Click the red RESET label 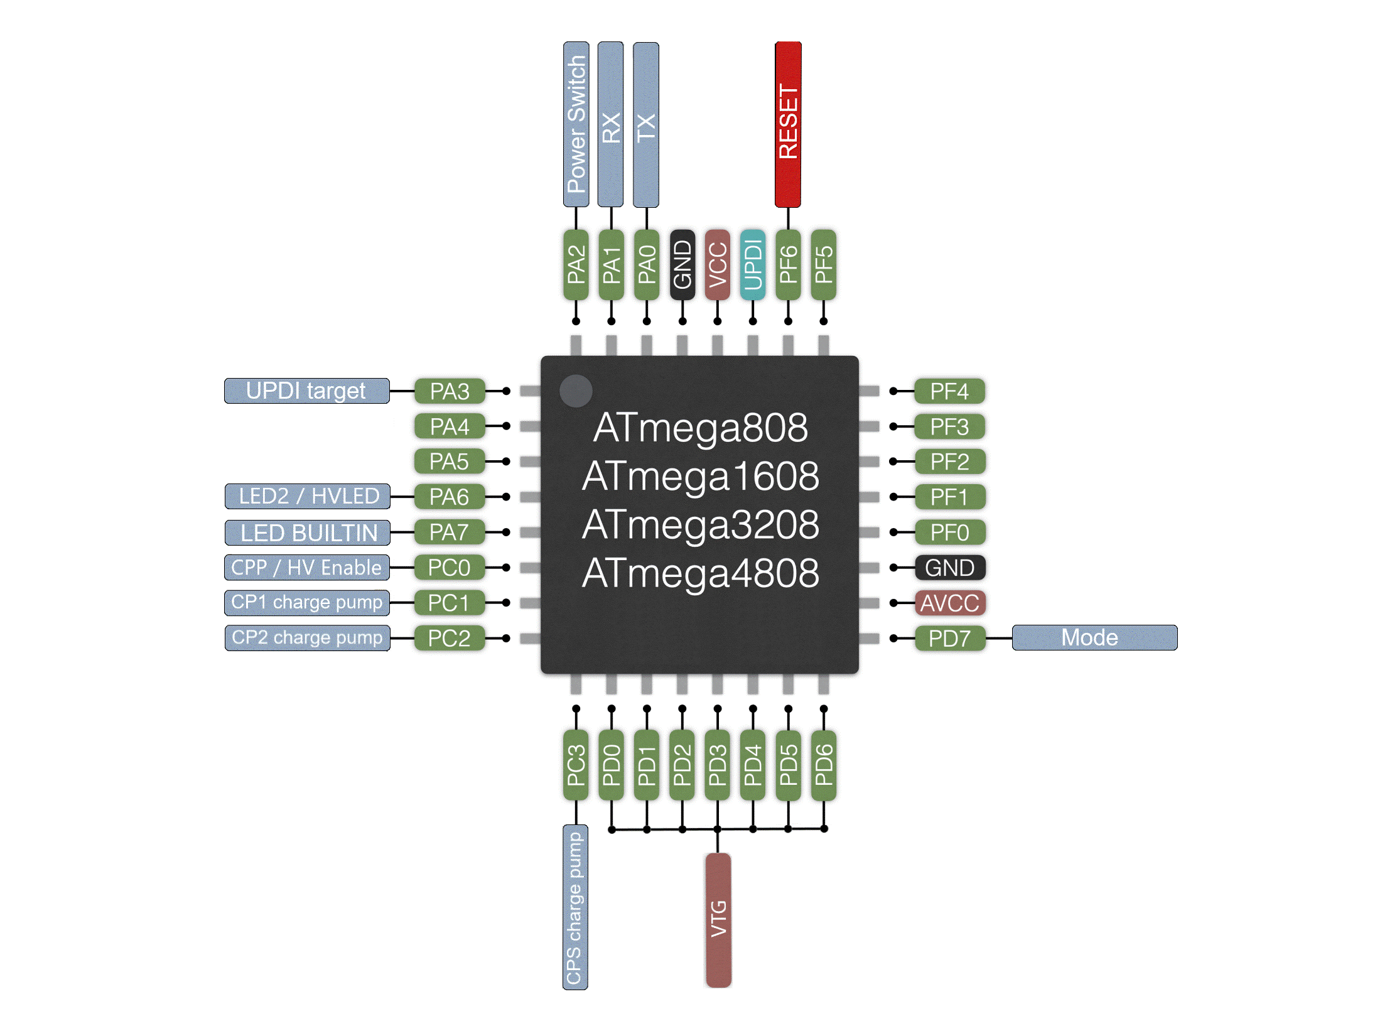pos(788,124)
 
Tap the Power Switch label pos(576,124)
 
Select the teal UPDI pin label pos(752,265)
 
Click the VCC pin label pos(717,265)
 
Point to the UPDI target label pos(306,391)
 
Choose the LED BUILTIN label pos(308,532)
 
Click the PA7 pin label pos(450,532)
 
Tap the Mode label pos(1094,637)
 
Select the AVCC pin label pos(949,603)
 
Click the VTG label pos(718,919)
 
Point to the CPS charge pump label pos(575,907)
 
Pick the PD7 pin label pos(949,639)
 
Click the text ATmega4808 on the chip pos(700,573)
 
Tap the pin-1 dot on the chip pos(575,391)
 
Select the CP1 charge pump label pos(307,602)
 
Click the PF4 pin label pos(949,391)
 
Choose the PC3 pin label pos(576,765)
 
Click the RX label pos(610,124)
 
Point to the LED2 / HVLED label pos(308,496)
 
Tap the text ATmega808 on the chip pos(700,428)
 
